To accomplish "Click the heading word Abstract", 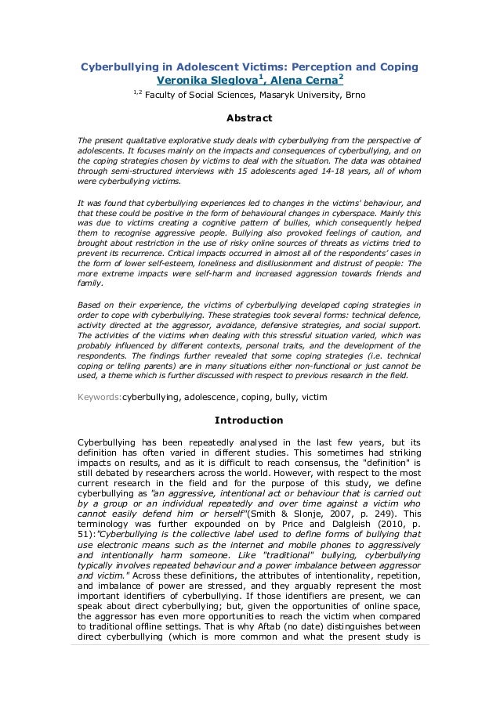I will tap(248, 119).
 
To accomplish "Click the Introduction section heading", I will tap(249, 420).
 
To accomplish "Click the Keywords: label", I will tap(99, 397).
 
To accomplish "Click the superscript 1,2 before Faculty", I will tap(136, 93).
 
